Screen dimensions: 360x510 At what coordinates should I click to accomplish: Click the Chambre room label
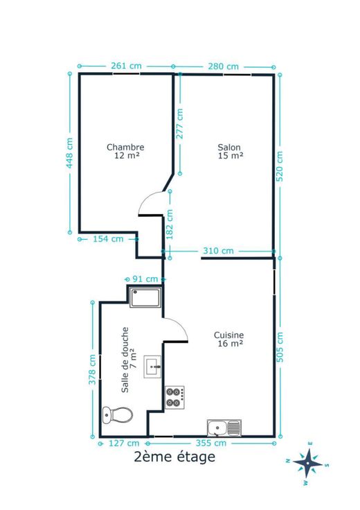point(125,148)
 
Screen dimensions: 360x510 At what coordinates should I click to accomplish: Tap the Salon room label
point(229,148)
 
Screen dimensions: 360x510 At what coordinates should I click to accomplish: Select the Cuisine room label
point(228,335)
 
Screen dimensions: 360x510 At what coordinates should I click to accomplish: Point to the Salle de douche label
point(125,360)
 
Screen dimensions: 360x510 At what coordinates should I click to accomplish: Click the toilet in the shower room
point(117,414)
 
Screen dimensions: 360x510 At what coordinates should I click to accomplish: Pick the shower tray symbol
point(145,297)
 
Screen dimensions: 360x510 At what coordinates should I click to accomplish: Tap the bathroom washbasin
point(152,367)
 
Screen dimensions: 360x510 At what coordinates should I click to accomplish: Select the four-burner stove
point(174,398)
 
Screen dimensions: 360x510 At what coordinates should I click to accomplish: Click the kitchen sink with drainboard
point(224,428)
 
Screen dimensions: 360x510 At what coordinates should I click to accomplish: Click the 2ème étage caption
point(174,457)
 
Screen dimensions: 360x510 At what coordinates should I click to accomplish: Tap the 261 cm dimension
point(126,66)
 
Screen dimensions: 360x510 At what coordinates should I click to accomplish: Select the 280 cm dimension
point(223,67)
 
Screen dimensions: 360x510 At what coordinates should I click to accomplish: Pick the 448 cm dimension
point(69,153)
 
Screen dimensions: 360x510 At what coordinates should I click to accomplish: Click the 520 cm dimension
point(280,166)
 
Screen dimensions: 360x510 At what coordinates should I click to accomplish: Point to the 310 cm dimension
point(218,251)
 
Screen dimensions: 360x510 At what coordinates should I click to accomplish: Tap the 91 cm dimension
point(145,279)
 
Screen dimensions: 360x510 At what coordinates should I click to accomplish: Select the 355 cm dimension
point(211,443)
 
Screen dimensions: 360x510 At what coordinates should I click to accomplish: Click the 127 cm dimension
point(124,443)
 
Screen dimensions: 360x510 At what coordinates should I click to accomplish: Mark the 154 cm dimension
point(108,239)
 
